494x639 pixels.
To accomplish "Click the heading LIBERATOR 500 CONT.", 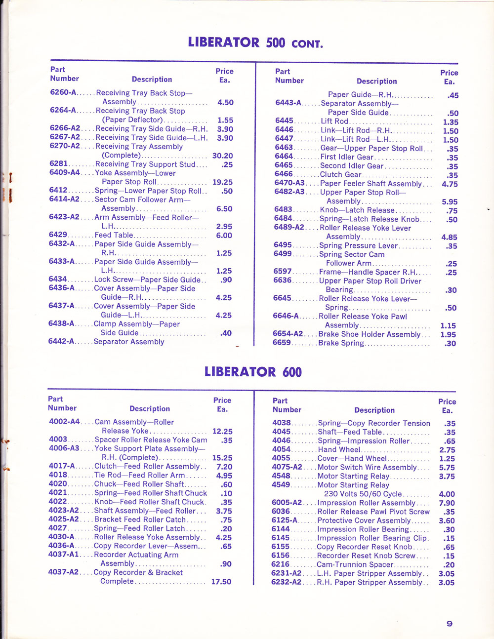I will tap(255, 42).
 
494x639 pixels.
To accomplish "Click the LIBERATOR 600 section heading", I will tap(253, 371).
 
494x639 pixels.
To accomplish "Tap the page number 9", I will tap(449, 624).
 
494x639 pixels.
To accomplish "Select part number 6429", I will tap(58, 235).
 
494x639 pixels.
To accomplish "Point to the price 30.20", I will tap(222, 156).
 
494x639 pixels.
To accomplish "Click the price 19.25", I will tap(222, 182).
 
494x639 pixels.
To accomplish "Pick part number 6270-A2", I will tap(64, 147).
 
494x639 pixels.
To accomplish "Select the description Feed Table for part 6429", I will tap(114, 236).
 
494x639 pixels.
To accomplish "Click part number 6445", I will tap(284, 121).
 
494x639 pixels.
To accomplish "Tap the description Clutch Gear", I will tap(340, 175).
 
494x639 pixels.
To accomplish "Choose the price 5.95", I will tap(449, 202).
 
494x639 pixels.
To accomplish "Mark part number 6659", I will tap(282, 343).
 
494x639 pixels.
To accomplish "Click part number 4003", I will tap(58, 439).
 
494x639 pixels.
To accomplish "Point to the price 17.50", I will tap(221, 582).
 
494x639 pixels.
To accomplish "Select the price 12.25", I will tap(222, 431).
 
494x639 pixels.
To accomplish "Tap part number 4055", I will tap(281, 458).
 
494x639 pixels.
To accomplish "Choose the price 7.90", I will tap(447, 503).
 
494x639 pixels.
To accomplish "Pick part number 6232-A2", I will tap(286, 582).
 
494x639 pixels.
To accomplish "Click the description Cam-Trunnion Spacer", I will tap(355, 564).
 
